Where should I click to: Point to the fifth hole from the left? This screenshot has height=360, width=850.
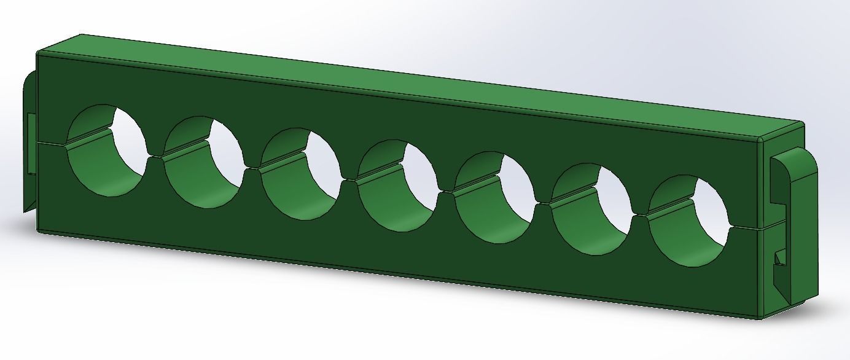coord(494,197)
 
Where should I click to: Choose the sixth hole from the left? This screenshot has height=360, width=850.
coord(591,209)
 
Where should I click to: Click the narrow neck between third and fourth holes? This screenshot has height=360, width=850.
coord(349,179)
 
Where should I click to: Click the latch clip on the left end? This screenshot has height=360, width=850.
coord(30,141)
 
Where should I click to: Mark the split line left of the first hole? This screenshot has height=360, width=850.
coord(52,144)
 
